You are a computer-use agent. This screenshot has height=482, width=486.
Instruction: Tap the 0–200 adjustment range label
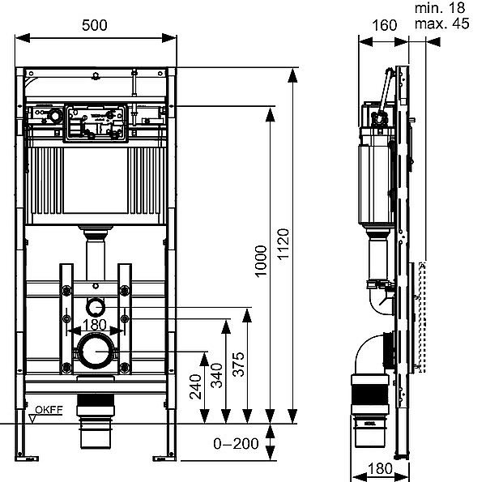236,443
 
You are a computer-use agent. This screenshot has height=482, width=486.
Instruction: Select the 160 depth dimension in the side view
383,24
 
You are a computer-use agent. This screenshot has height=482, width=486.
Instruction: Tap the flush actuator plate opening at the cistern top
96,122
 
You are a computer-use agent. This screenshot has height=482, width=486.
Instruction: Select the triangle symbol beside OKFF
33,418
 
